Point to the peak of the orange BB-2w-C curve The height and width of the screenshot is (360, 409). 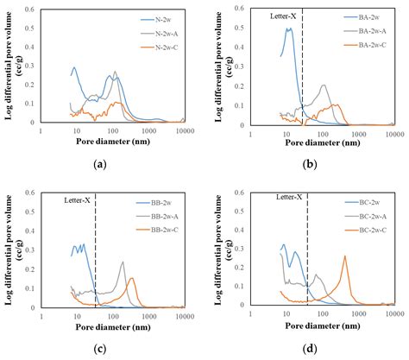pos(132,278)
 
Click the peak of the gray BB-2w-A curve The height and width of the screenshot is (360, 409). pos(123,262)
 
